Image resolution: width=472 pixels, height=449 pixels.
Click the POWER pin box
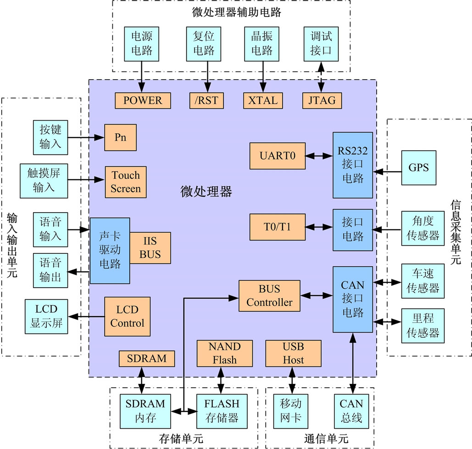point(143,100)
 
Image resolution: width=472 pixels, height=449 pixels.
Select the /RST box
point(207,100)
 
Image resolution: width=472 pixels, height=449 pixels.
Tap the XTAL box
point(263,100)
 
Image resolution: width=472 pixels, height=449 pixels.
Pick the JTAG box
point(322,100)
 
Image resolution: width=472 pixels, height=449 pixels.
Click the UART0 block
point(278,156)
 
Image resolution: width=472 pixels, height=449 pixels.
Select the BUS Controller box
point(269,296)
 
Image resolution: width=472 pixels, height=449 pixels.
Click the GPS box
point(418,167)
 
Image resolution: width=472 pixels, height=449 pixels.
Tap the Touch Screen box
point(126,182)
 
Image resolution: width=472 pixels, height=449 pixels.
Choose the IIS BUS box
point(150,248)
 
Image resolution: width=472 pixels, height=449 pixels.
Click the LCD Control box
point(127,317)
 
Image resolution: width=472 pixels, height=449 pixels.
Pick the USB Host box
point(293,353)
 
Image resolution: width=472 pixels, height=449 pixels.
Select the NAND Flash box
point(224,353)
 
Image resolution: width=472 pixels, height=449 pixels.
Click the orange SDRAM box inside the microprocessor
point(147,358)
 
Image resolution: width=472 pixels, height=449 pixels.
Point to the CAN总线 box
point(351,411)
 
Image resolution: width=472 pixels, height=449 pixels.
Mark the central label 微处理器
point(206,192)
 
